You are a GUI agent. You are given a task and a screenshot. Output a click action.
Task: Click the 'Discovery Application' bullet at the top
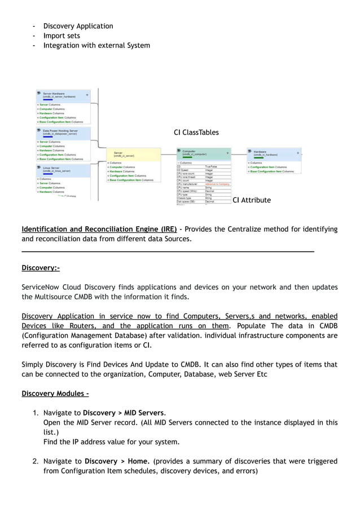pos(78,26)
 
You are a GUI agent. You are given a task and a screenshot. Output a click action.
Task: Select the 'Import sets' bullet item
pos(62,36)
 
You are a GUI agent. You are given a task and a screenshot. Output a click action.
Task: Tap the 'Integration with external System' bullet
pos(96,45)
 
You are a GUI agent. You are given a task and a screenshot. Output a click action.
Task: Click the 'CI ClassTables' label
pos(196,132)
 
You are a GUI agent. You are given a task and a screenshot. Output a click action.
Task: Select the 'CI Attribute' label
pos(252,200)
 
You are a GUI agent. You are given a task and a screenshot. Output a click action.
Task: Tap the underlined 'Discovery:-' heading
pos(41,268)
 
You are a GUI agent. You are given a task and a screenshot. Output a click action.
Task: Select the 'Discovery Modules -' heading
pos(55,393)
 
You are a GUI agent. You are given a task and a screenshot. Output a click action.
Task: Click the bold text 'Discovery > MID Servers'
pos(124,413)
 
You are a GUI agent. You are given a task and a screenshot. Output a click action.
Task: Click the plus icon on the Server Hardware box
pos(87,95)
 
